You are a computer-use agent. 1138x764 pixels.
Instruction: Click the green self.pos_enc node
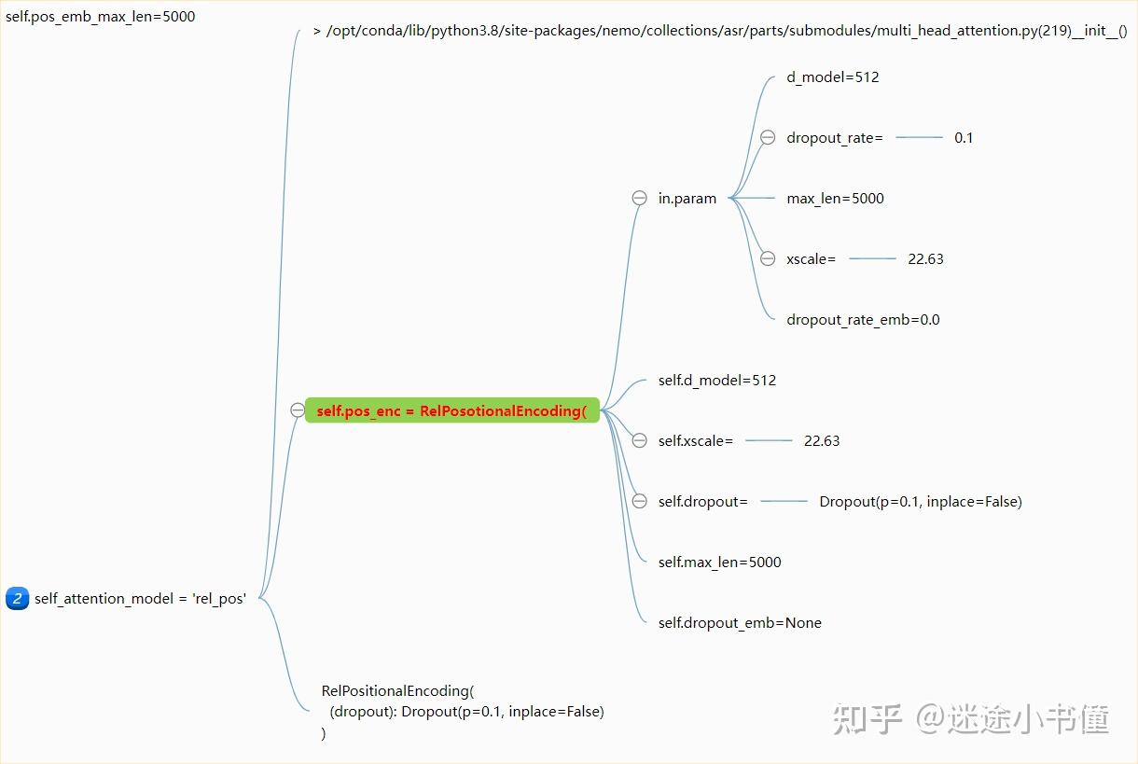[451, 410]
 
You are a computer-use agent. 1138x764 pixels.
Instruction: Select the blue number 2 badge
[17, 598]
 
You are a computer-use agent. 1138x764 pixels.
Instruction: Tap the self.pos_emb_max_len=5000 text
[100, 16]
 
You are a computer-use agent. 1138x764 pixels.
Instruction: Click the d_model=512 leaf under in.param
[832, 76]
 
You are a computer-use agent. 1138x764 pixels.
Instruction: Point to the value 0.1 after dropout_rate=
[964, 137]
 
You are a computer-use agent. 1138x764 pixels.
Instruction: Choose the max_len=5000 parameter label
[835, 198]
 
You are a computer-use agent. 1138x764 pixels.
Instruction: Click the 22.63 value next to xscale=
[925, 258]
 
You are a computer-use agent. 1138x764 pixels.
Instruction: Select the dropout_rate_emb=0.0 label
[863, 319]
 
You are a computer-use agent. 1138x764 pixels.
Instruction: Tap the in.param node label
[687, 198]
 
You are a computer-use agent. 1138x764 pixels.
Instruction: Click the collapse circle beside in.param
[639, 198]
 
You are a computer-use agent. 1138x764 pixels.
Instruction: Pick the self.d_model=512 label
[716, 380]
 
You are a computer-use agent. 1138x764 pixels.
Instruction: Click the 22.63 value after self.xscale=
[822, 440]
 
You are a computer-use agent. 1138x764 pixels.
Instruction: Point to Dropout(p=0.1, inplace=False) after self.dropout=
[921, 501]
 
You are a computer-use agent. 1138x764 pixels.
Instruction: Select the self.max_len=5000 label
[719, 562]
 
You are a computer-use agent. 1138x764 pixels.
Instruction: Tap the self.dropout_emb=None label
[740, 622]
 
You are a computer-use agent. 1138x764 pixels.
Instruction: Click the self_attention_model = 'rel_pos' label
[140, 599]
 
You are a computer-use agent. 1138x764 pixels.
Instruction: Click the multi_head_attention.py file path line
[726, 31]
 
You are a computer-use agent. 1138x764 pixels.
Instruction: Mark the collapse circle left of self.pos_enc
[298, 410]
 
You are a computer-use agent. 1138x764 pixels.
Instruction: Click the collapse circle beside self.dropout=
[639, 501]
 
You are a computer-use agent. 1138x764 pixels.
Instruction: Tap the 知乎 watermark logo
[867, 718]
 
